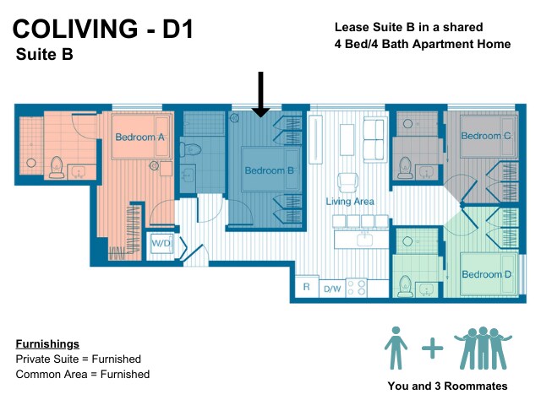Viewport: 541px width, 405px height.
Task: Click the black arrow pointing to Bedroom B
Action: [x=261, y=94]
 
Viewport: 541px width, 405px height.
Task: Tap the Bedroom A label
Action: [x=139, y=137]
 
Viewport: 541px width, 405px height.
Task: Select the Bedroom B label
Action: [x=269, y=170]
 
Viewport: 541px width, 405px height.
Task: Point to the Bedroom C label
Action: [x=486, y=136]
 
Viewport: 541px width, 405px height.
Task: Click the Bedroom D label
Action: [x=487, y=274]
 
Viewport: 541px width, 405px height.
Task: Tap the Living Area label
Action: [x=350, y=202]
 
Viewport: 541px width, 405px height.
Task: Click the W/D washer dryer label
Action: [x=161, y=243]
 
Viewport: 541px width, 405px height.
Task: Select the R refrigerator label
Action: [x=306, y=287]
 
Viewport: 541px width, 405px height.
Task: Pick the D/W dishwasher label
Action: [x=332, y=289]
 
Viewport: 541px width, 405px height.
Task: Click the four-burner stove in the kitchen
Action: [x=357, y=288]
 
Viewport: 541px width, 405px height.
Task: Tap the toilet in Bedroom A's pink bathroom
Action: [x=57, y=167]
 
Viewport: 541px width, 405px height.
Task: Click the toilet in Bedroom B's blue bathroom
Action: [x=190, y=150]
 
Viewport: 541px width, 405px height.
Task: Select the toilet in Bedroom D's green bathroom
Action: [x=406, y=287]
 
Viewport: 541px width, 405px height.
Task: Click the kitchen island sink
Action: [x=364, y=239]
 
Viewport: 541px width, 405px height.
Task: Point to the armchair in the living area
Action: [x=347, y=183]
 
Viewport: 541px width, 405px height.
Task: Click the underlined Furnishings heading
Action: [x=47, y=344]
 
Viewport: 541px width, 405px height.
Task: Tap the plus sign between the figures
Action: [x=432, y=348]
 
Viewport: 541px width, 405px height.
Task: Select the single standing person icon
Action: [x=396, y=348]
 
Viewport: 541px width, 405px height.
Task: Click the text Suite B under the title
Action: [x=45, y=54]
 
